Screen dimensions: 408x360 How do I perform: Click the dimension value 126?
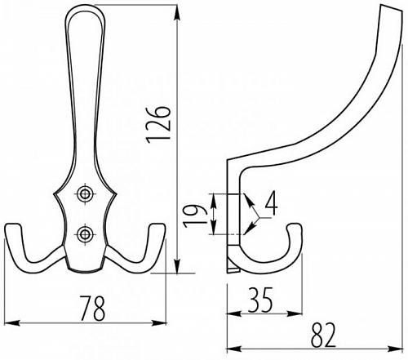[158, 124]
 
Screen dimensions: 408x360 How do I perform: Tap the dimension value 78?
[92, 308]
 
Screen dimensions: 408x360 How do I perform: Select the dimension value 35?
[260, 300]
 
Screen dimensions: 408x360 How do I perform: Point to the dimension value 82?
[323, 336]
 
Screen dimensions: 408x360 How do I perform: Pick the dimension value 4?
[272, 202]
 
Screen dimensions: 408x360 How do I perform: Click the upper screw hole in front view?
[85, 194]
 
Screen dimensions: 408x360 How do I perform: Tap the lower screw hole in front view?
[85, 234]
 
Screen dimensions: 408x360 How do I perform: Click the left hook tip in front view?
[12, 225]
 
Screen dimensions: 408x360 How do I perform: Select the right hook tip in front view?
[157, 225]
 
